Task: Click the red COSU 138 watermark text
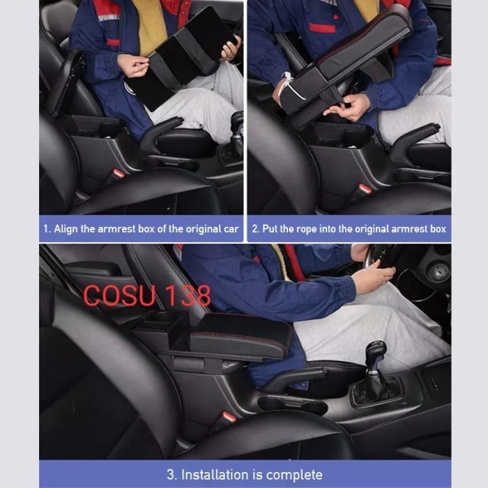146,296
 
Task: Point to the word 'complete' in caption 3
293,475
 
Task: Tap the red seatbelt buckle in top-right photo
364,188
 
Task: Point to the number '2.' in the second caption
256,229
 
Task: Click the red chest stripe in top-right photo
322,28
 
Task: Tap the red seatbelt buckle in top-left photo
120,173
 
